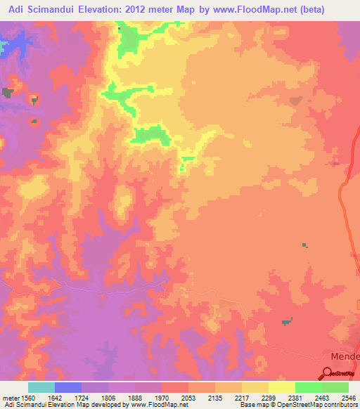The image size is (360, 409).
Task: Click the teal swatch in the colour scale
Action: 41,387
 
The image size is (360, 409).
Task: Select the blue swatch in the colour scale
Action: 68,387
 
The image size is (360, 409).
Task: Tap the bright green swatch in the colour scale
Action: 309,387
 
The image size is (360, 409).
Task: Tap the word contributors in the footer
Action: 338,405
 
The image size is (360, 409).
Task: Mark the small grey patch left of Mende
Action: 286,322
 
